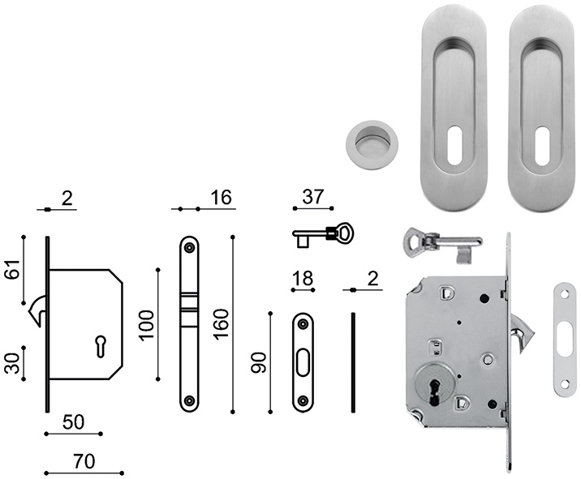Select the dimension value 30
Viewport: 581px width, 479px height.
coord(11,361)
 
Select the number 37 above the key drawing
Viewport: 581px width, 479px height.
coord(312,197)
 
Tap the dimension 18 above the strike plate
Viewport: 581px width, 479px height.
coord(302,279)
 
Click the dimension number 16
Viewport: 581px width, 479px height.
coord(219,197)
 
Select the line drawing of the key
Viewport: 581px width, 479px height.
coord(323,235)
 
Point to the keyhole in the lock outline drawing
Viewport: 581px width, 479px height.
coord(101,346)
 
